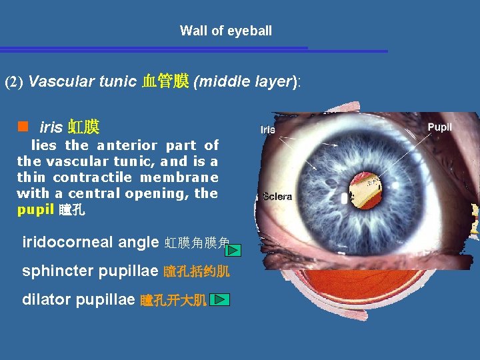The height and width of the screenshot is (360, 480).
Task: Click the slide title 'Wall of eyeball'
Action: click(226, 31)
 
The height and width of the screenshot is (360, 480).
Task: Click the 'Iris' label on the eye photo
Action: click(267, 130)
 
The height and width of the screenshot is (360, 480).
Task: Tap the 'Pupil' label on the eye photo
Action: click(439, 127)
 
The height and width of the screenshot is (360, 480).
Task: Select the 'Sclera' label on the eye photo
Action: click(277, 197)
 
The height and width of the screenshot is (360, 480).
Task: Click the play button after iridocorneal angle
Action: click(232, 250)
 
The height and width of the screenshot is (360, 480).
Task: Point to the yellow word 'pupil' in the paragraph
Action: click(35, 211)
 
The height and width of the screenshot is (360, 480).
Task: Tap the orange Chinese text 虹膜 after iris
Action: click(83, 127)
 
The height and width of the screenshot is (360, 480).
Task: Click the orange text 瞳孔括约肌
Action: click(197, 272)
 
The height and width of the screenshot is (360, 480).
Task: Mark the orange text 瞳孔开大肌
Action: click(173, 301)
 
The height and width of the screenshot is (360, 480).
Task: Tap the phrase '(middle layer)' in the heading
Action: click(245, 82)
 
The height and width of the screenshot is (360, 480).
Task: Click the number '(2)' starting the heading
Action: click(15, 83)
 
